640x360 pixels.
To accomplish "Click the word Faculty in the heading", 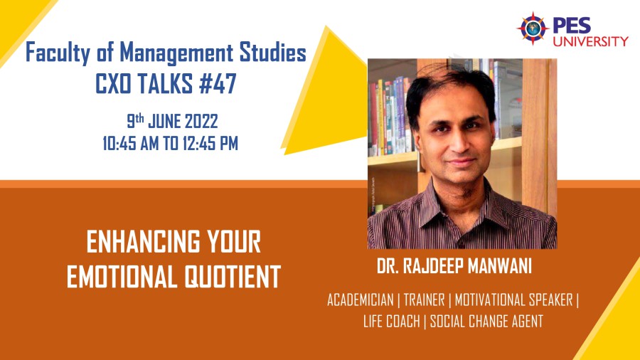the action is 57,53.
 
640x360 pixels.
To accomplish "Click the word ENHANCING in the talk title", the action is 143,242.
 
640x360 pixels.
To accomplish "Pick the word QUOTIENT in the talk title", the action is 233,276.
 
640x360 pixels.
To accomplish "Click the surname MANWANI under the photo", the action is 499,266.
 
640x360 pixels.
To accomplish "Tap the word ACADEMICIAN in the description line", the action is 361,300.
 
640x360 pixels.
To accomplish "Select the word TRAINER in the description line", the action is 424,300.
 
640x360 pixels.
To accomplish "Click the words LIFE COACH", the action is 391,321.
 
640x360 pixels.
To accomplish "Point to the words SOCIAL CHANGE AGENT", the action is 486,321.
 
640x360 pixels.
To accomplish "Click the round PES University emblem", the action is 533,28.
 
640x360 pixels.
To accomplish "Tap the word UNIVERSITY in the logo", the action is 591,41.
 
